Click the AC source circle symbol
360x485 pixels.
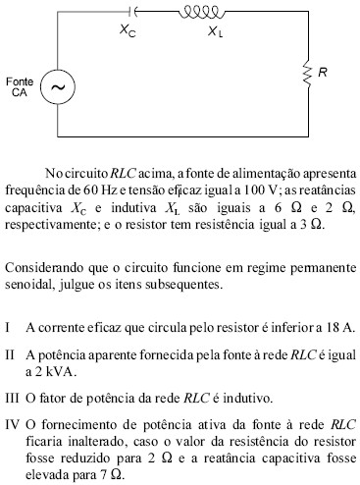57,86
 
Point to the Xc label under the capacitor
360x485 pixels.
128,31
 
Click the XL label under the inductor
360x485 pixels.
215,31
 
